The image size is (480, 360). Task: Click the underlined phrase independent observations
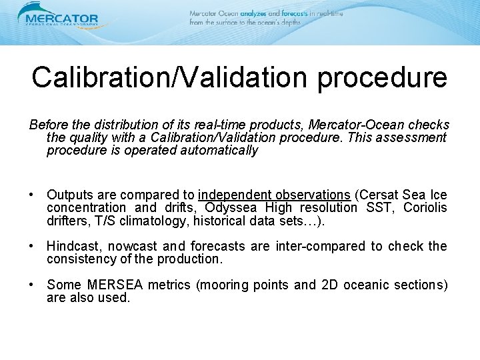coord(274,195)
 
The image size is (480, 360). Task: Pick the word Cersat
coord(378,195)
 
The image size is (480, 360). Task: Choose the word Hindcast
coord(74,246)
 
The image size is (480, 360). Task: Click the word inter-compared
coord(289,246)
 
